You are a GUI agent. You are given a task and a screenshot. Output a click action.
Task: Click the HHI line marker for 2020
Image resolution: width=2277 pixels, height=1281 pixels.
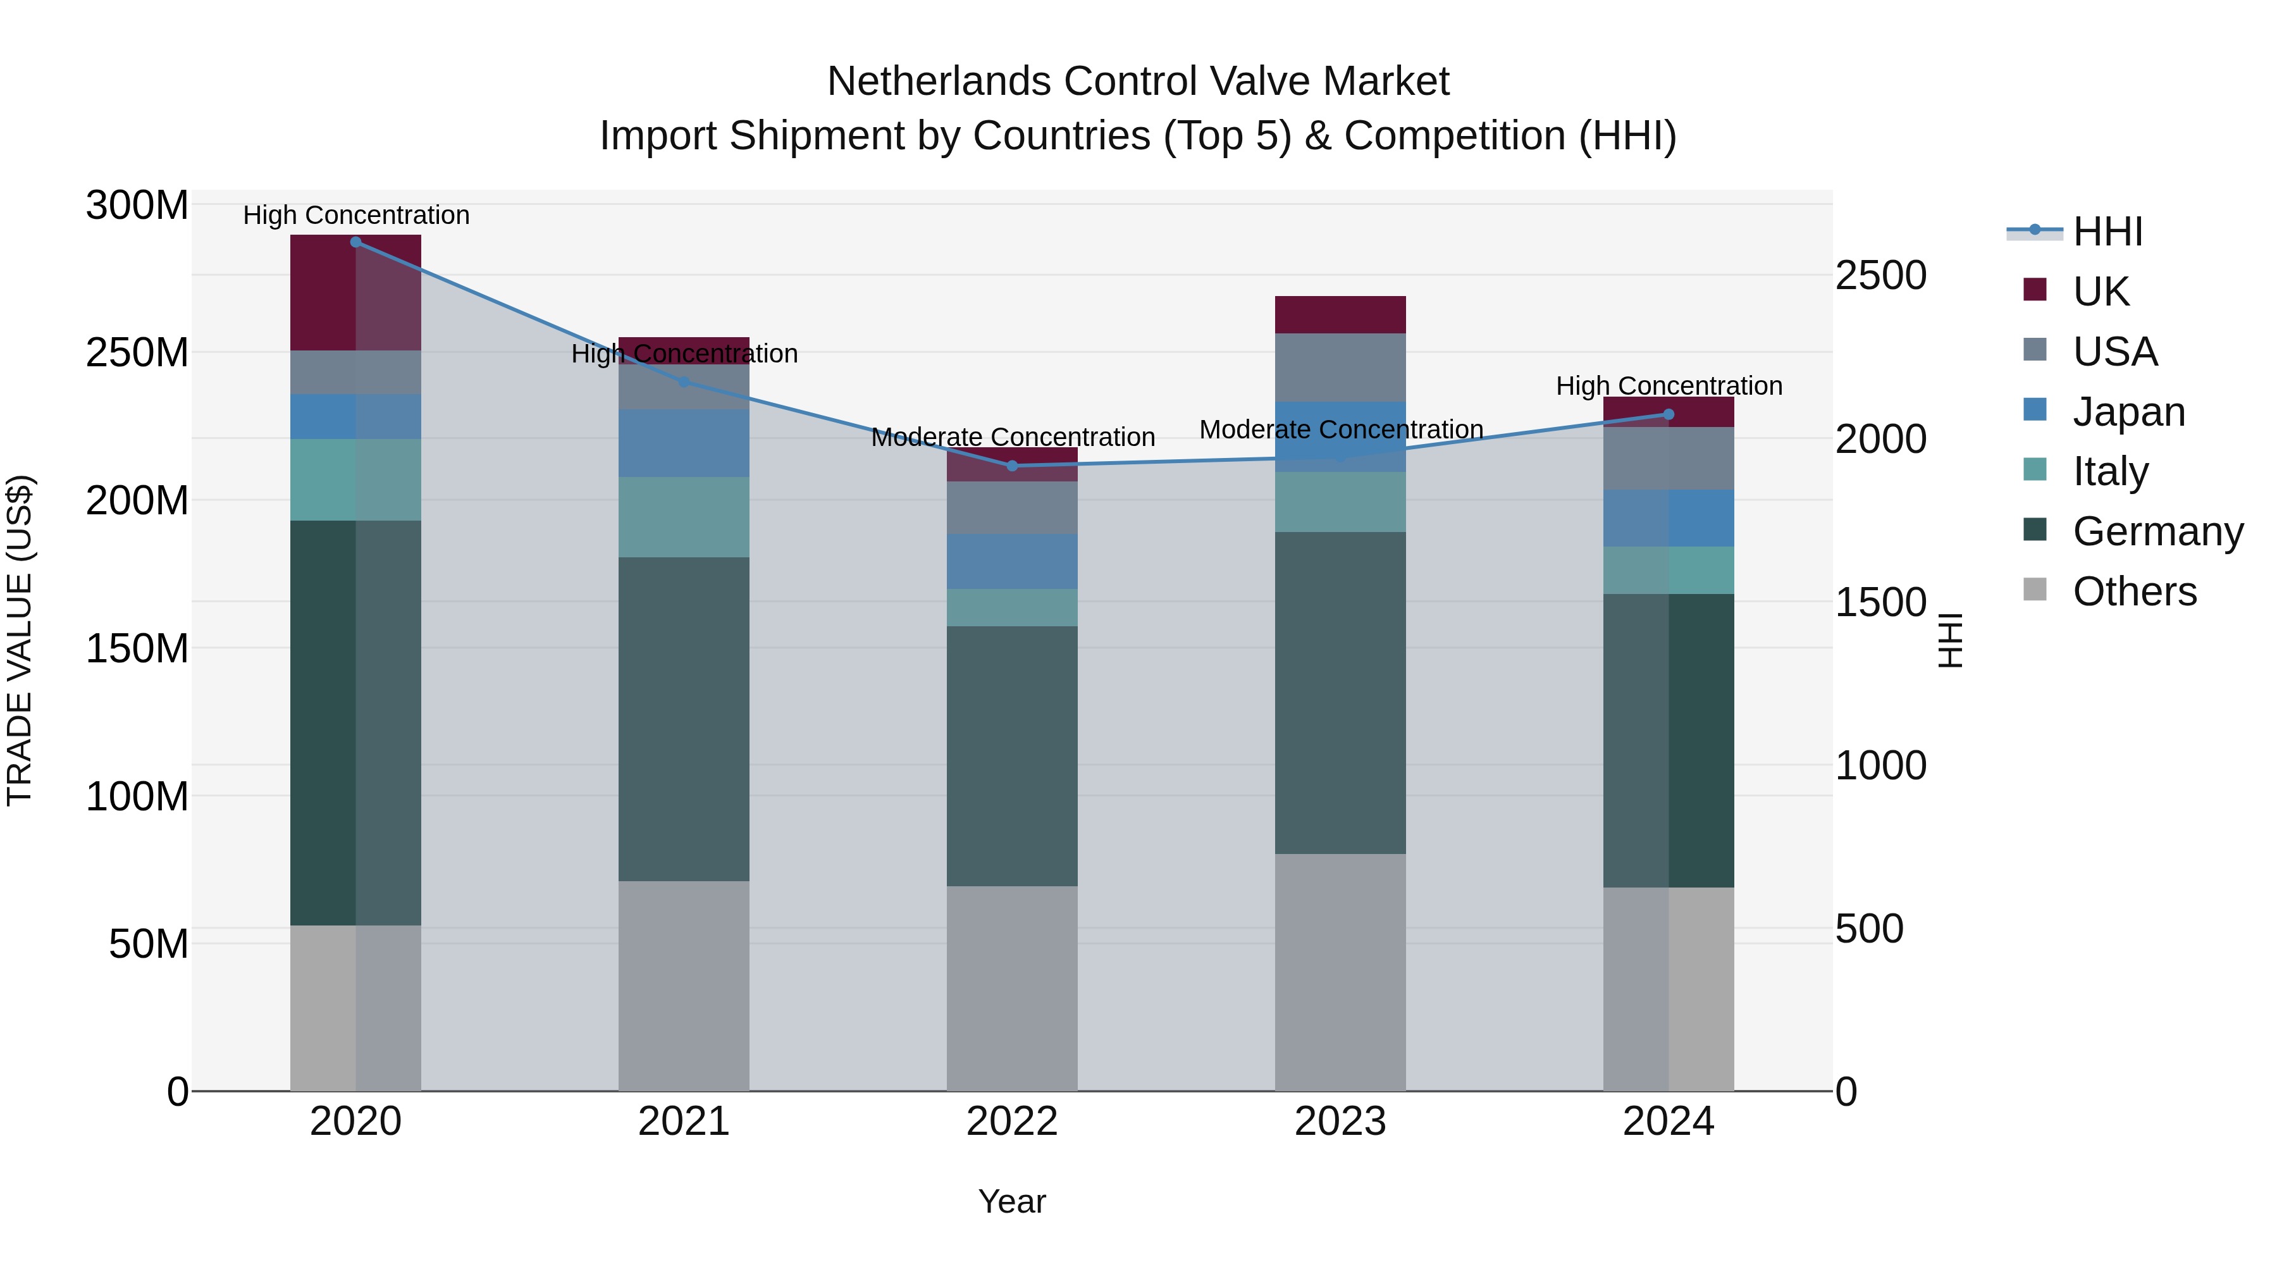[355, 242]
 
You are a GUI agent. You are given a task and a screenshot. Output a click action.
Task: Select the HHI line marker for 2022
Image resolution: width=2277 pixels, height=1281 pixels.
[1012, 466]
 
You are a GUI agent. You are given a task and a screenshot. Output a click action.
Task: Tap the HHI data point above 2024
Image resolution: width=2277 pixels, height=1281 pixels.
[1668, 414]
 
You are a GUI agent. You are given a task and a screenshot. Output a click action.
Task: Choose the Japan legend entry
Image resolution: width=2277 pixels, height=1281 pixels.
[2128, 412]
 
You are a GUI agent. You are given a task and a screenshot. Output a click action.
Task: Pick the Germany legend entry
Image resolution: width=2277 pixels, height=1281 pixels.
[2157, 532]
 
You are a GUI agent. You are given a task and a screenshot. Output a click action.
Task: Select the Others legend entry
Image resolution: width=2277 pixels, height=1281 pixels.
[2134, 592]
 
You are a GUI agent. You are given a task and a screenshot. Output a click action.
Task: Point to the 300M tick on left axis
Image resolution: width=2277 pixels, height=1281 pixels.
[137, 206]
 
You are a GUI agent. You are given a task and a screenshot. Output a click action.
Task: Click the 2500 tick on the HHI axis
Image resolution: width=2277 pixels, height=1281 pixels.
[1880, 276]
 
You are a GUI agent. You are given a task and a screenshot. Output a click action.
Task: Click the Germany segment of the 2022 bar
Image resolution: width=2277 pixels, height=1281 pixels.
[1012, 756]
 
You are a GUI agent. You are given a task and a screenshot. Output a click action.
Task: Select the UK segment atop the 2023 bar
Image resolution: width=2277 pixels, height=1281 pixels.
[1340, 315]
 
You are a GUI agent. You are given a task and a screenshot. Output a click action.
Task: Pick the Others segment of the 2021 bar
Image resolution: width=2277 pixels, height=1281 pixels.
[683, 986]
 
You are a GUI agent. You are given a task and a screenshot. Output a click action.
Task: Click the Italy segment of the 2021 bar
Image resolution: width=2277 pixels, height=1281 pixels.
[683, 517]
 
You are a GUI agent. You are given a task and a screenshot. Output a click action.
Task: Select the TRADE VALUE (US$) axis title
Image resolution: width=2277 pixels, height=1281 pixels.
[20, 640]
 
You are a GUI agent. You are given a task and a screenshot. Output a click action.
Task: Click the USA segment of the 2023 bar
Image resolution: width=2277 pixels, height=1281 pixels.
[1340, 368]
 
